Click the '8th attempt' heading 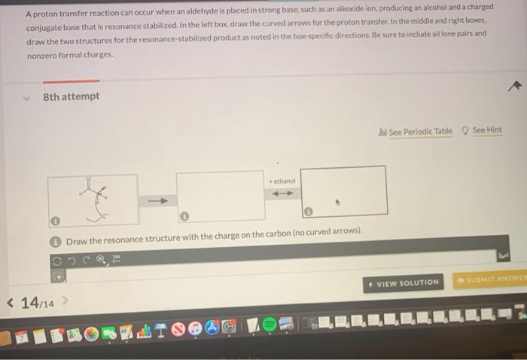pos(71,97)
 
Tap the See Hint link pos(486,130)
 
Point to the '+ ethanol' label pos(282,182)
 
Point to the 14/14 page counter pos(38,303)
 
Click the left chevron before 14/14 pos(10,303)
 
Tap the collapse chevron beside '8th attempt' pos(26,97)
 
